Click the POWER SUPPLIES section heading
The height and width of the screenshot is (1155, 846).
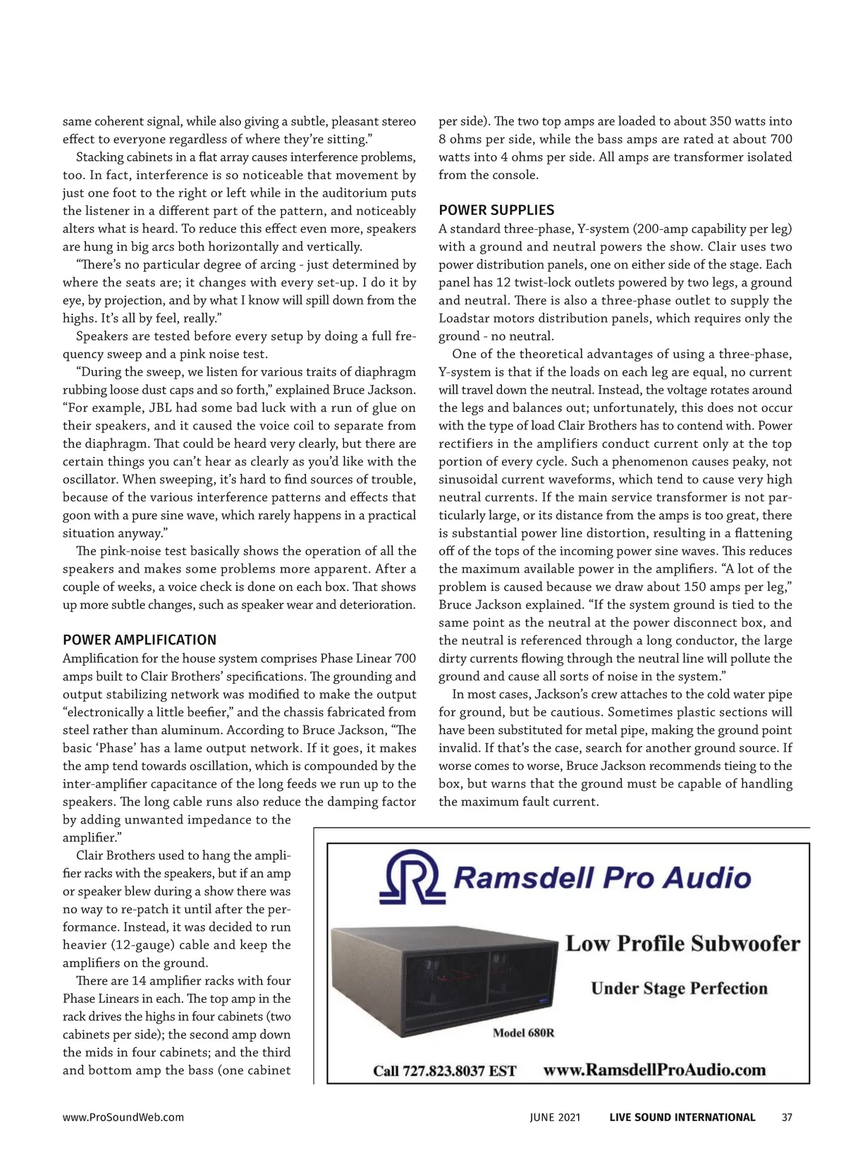(x=496, y=210)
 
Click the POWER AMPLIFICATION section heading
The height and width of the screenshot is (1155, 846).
(x=140, y=640)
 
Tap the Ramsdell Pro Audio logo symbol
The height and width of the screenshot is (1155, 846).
(x=410, y=877)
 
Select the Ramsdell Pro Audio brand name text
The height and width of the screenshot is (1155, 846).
(x=601, y=878)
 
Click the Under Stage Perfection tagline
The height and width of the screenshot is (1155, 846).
(x=679, y=988)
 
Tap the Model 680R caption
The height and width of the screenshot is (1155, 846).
(x=523, y=1034)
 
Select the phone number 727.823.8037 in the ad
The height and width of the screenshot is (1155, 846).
(x=460, y=1071)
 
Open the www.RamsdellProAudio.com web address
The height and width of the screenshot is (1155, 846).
(x=654, y=1070)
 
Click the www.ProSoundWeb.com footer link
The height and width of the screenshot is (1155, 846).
(x=123, y=1117)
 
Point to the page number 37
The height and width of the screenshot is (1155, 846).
(x=787, y=1117)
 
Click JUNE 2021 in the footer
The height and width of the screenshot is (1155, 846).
(x=556, y=1117)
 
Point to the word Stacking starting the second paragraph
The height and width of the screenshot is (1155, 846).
(x=99, y=157)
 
